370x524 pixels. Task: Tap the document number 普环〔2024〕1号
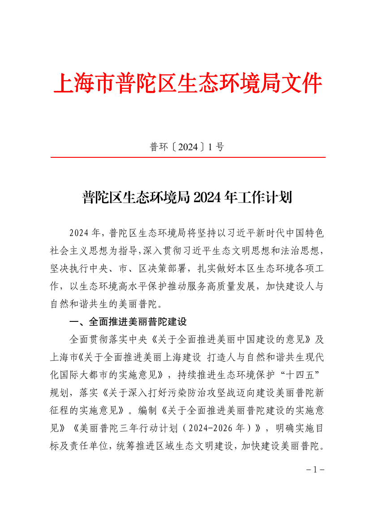coord(187,147)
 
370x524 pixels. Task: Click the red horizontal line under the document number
coord(188,157)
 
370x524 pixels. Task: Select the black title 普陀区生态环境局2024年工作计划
coord(187,197)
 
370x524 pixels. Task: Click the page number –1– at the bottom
coord(314,470)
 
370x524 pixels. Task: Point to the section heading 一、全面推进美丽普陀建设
coord(128,322)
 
